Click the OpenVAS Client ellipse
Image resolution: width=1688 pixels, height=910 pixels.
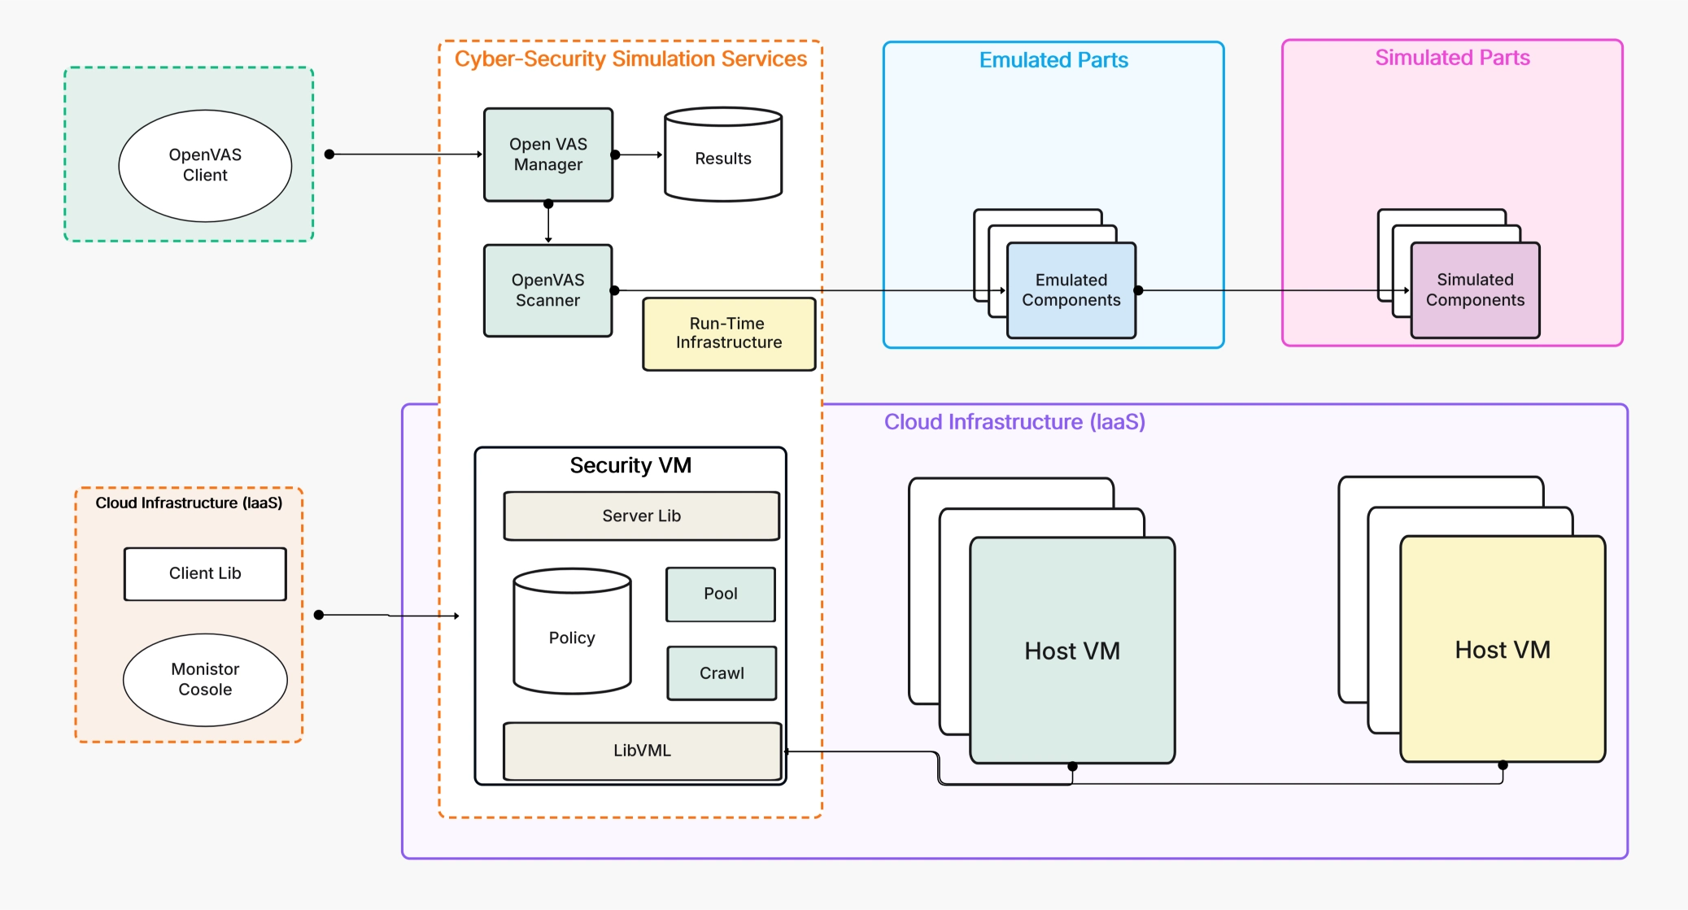click(x=205, y=165)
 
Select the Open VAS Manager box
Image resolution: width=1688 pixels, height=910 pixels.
click(x=548, y=155)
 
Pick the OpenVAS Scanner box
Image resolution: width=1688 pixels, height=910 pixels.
click(x=547, y=290)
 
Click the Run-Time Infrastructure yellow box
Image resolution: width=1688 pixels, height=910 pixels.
click(x=729, y=333)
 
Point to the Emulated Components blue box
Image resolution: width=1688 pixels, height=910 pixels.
click(x=1071, y=290)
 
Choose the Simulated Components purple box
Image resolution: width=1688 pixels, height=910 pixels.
click(x=1475, y=290)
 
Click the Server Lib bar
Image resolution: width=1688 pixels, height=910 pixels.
click(x=641, y=516)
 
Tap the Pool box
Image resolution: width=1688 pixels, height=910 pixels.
click(x=721, y=594)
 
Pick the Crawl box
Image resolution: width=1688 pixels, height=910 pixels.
click(x=722, y=673)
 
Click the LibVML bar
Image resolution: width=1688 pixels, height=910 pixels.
click(x=642, y=751)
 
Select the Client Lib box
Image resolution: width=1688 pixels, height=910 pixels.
click(x=205, y=573)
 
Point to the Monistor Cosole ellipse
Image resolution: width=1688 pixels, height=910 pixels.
click(x=205, y=679)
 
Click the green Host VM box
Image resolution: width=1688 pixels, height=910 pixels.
click(x=1072, y=651)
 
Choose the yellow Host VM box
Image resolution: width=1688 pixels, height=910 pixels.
click(x=1503, y=650)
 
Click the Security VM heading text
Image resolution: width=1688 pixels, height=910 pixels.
click(x=630, y=465)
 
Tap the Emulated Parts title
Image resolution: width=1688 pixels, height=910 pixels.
click(x=1053, y=60)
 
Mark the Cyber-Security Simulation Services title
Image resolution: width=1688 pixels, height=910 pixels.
click(x=630, y=59)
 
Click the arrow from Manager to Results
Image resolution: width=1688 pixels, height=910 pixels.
click(x=639, y=155)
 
